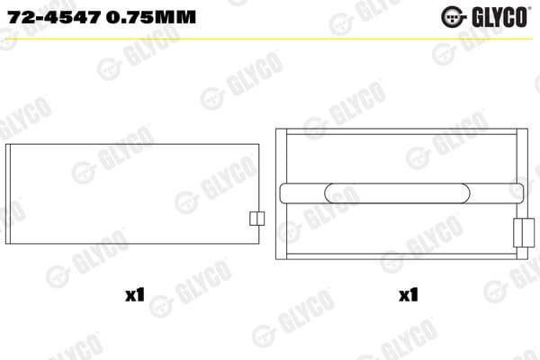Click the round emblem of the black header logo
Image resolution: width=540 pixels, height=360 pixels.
pos(451,16)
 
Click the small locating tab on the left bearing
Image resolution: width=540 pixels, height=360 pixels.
pos(256,219)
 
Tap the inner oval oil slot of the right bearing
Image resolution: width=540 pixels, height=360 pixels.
pos(344,193)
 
